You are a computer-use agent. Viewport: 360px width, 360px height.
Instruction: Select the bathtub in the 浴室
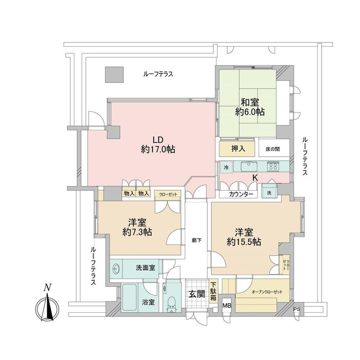[x=130, y=298]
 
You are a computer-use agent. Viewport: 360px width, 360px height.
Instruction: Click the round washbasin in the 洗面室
[x=116, y=269]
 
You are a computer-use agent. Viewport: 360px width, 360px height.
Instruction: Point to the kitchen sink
[x=249, y=166]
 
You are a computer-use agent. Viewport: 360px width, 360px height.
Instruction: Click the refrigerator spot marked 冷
[x=226, y=167]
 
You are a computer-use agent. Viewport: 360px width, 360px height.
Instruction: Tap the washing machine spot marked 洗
[x=269, y=193]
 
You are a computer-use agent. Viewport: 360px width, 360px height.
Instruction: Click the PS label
[x=297, y=309]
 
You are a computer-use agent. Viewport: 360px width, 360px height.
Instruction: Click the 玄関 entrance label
[x=197, y=294]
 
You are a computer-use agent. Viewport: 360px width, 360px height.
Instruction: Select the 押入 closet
[x=238, y=149]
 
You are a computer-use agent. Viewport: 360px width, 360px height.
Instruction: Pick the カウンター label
[x=241, y=194]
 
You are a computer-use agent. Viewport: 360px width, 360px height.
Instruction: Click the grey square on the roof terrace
[x=114, y=75]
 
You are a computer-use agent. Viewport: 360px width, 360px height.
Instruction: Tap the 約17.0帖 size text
[x=158, y=149]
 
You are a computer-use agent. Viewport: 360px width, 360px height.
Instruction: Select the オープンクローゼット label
[x=267, y=292]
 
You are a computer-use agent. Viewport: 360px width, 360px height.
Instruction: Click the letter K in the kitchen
[x=255, y=177]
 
